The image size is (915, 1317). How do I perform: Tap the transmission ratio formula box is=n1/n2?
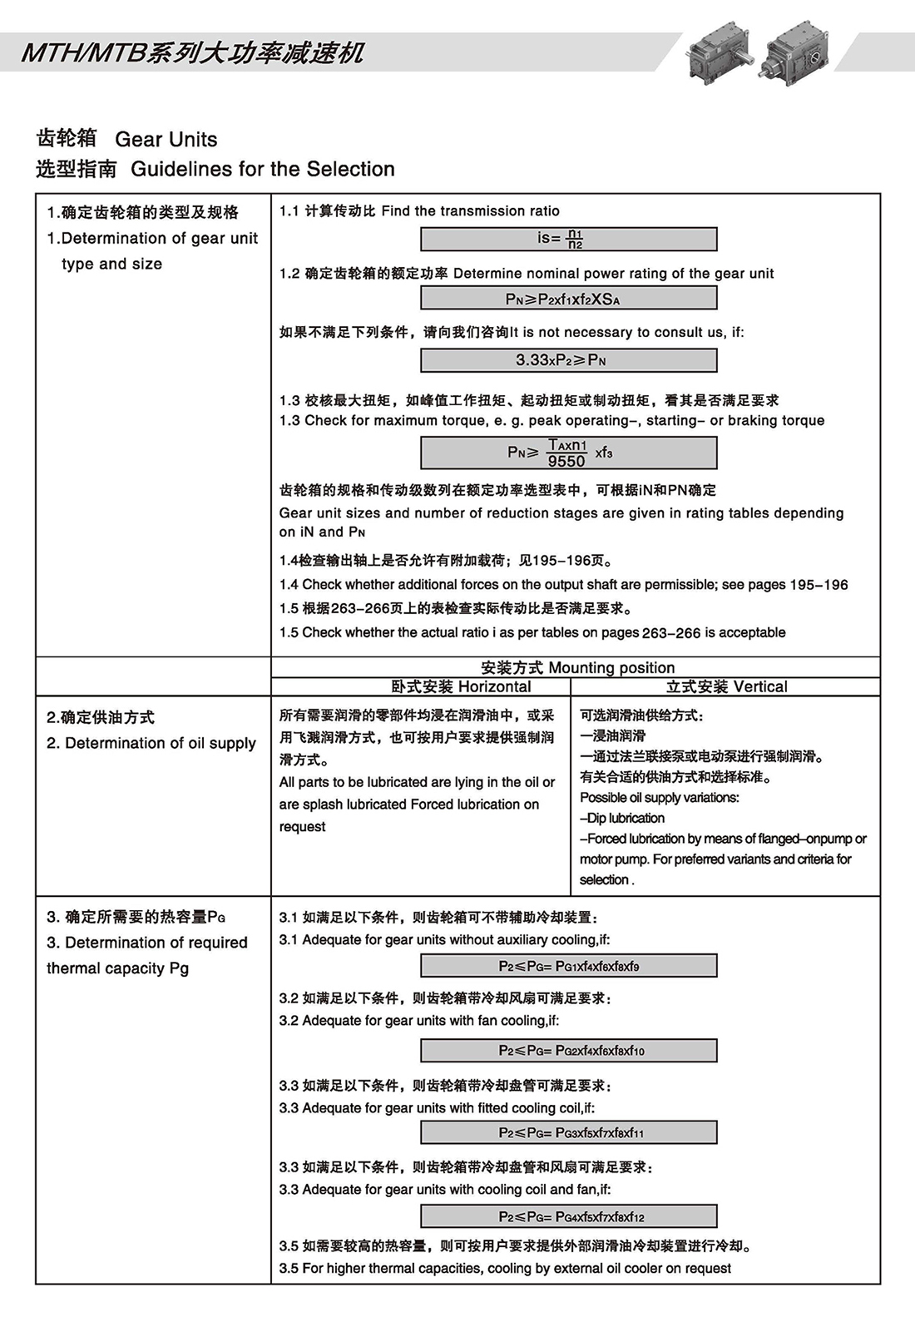tap(568, 239)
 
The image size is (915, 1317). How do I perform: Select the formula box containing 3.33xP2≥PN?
tap(568, 360)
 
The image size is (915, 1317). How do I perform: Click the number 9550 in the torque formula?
tap(566, 461)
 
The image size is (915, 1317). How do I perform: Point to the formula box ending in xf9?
tap(568, 966)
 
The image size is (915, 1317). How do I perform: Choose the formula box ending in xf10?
tap(568, 1051)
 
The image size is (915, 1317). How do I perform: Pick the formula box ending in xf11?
tap(568, 1132)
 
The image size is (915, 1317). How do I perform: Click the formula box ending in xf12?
tap(568, 1216)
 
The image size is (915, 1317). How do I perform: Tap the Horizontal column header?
tap(462, 686)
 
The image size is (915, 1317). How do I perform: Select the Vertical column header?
tap(726, 686)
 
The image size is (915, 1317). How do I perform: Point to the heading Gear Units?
tap(166, 139)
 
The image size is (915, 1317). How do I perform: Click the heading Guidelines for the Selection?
tap(262, 169)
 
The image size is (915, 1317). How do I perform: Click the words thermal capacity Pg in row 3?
tap(117, 968)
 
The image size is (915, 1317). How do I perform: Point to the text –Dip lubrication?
tap(622, 818)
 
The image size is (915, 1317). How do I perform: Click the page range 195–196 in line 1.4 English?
tap(819, 585)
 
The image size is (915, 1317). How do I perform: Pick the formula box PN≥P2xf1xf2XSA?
tap(568, 299)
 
